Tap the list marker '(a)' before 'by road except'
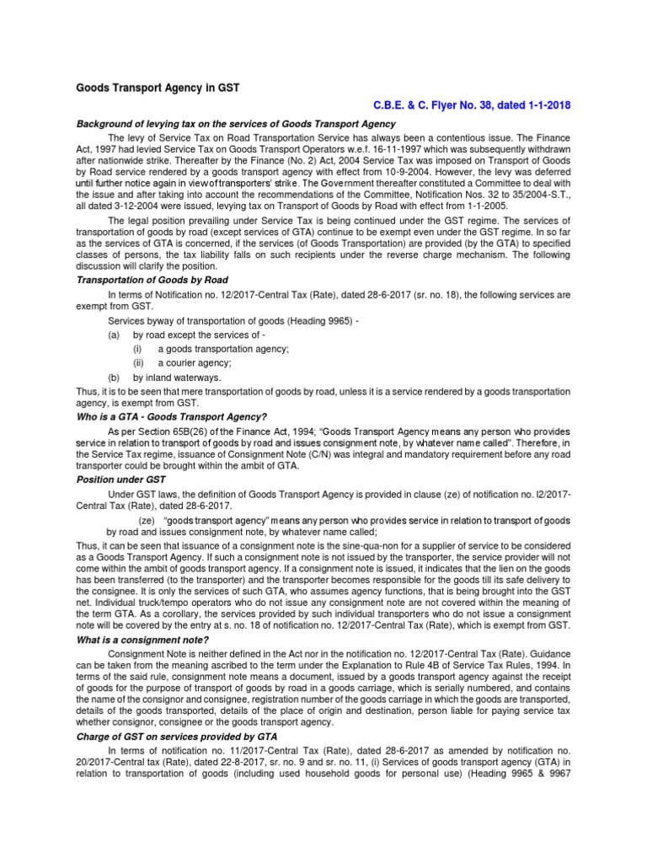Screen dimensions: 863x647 click(x=115, y=335)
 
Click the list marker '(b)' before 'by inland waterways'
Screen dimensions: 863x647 click(x=115, y=377)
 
